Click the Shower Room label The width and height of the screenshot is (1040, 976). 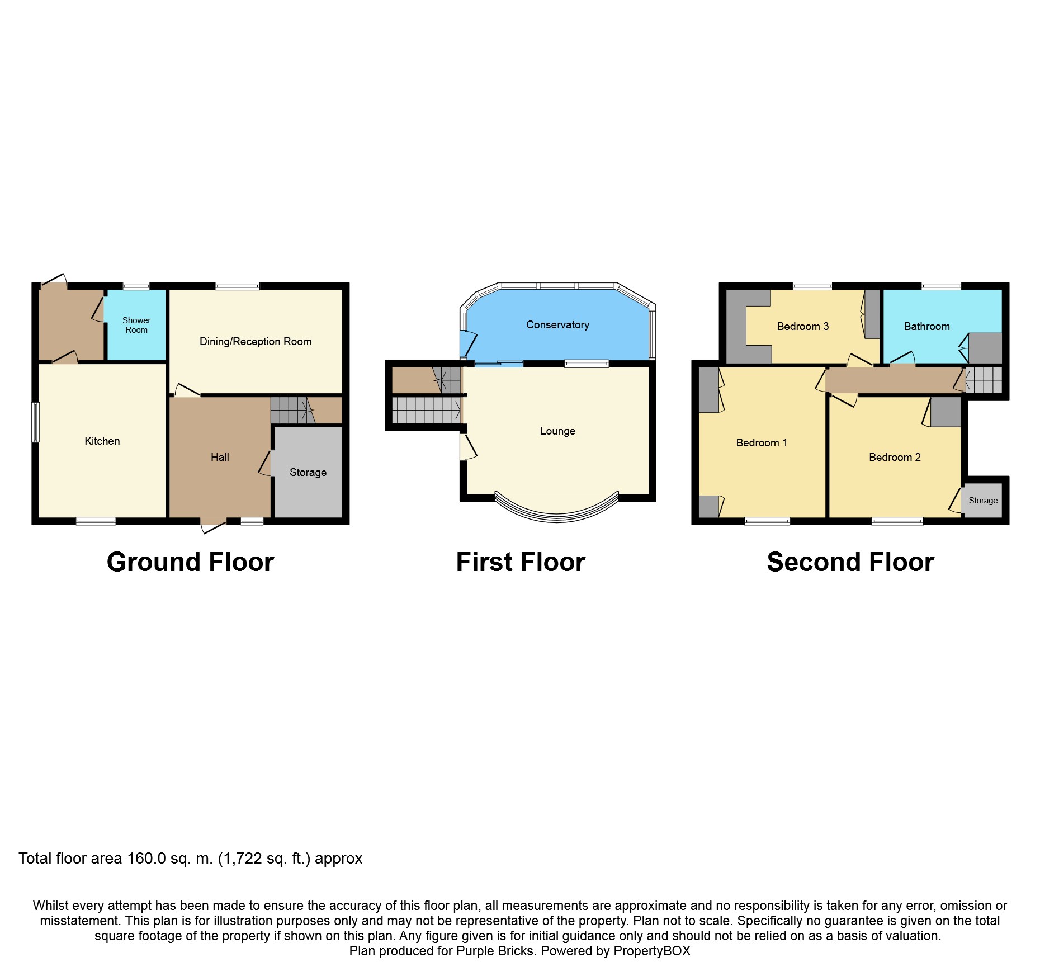click(x=136, y=325)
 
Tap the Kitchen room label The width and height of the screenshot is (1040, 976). click(x=102, y=441)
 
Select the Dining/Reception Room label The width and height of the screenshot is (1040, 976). click(x=256, y=342)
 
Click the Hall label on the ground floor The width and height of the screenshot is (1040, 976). click(x=220, y=458)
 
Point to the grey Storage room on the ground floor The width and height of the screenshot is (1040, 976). click(x=308, y=473)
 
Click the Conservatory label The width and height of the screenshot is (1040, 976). click(x=557, y=325)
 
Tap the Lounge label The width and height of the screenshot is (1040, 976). click(x=557, y=431)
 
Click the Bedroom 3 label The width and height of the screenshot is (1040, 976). click(x=803, y=327)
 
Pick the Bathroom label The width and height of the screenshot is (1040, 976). click(x=926, y=327)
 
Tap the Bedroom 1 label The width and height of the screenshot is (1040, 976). click(x=762, y=443)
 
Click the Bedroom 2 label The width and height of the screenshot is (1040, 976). click(x=895, y=458)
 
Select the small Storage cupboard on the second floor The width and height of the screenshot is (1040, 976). click(x=982, y=501)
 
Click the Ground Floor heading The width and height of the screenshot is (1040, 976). click(x=190, y=562)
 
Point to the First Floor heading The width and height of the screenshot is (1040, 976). click(x=521, y=562)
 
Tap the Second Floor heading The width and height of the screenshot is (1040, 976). click(x=850, y=562)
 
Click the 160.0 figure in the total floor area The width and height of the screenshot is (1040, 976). click(x=146, y=859)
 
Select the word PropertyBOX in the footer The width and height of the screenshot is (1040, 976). click(x=652, y=951)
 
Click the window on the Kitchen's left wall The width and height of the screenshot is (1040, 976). click(x=36, y=422)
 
